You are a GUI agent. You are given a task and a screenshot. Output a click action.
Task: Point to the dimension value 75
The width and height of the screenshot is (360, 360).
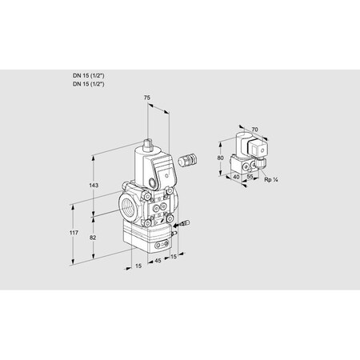click(x=146, y=98)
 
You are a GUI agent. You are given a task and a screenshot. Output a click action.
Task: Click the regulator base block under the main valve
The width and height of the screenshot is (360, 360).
click(x=143, y=236)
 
